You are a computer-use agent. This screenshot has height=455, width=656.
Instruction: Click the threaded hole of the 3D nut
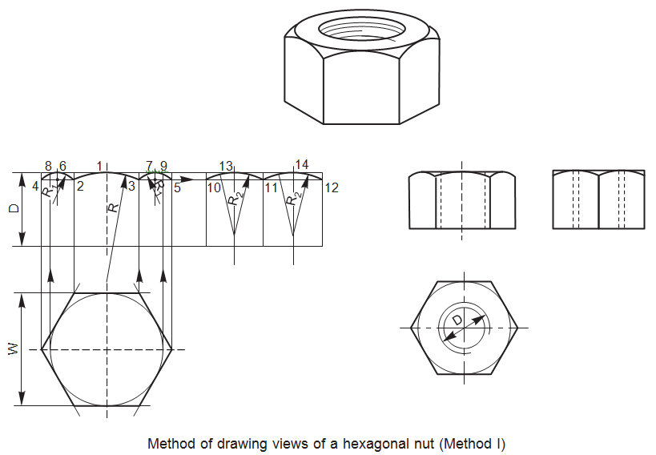click(363, 29)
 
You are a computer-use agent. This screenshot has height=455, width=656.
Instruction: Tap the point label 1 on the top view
click(99, 166)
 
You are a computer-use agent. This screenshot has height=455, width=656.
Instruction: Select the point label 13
click(226, 166)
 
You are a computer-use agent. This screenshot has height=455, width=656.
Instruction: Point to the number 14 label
click(301, 164)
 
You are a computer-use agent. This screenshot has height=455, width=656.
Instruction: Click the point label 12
click(332, 187)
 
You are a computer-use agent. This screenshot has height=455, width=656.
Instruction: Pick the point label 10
click(214, 187)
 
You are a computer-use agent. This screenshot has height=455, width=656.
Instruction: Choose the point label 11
click(271, 187)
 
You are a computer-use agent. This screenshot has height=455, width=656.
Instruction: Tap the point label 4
click(35, 187)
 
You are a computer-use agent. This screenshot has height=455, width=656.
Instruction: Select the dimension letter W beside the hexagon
click(11, 349)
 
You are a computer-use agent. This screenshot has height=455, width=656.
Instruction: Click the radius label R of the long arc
click(114, 207)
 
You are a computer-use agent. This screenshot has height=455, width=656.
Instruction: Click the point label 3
click(131, 187)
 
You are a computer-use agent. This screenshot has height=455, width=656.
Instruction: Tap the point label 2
click(80, 187)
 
